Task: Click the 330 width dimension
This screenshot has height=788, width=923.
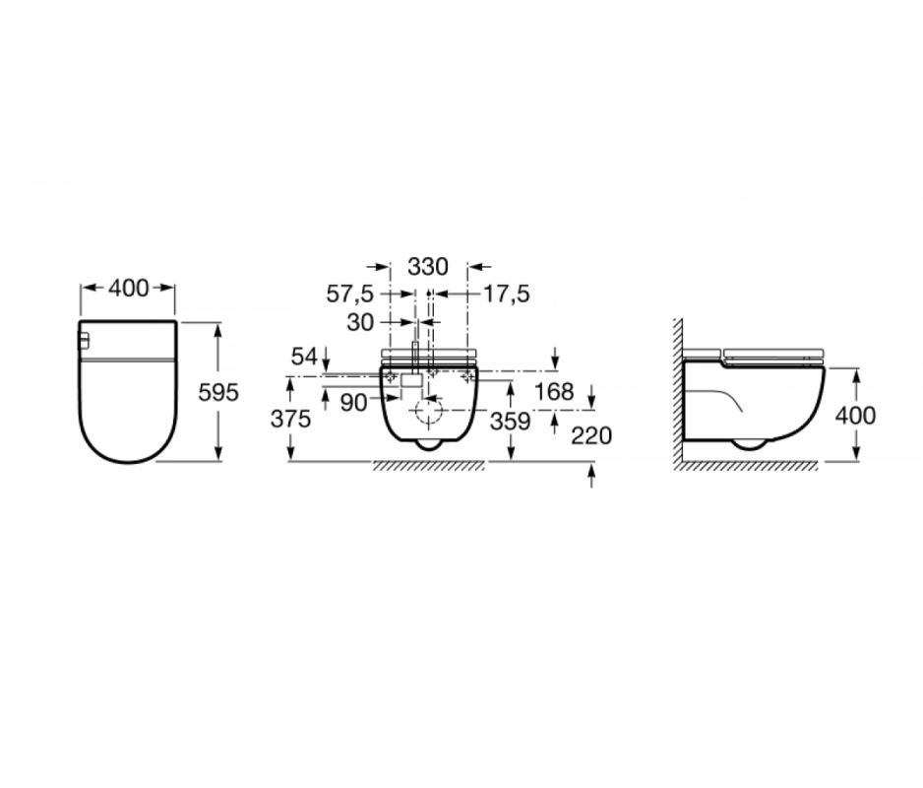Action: (x=428, y=267)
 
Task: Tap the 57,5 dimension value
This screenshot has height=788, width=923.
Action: (x=350, y=294)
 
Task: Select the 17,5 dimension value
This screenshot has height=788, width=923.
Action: (x=506, y=294)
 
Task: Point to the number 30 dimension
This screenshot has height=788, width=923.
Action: (x=360, y=322)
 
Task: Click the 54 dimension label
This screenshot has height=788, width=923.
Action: (x=304, y=357)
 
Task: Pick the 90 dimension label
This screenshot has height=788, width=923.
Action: (x=353, y=403)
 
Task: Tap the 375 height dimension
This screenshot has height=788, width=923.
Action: (x=291, y=419)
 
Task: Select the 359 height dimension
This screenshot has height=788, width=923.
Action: (x=511, y=422)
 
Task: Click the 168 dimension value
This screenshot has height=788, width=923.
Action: (x=554, y=391)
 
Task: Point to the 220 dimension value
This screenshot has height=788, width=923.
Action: (x=591, y=436)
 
